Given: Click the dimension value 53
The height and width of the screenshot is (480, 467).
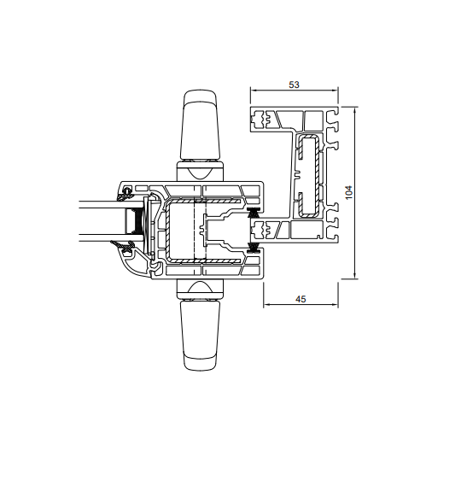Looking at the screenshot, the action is click(294, 85).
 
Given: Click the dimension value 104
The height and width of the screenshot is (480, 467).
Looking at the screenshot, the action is click(349, 192).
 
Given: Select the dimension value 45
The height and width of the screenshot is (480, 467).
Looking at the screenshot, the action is click(301, 299).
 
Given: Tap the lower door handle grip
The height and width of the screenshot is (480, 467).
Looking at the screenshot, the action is click(200, 335).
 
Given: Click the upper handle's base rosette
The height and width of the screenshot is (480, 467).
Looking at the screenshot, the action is click(200, 171).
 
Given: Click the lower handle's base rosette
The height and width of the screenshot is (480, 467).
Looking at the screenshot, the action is click(200, 290).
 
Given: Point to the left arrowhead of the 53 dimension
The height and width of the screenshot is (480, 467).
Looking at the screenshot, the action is click(254, 90).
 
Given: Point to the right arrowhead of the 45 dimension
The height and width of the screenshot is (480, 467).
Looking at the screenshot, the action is click(335, 304).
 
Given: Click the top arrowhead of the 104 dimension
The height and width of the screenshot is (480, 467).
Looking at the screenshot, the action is click(354, 110).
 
